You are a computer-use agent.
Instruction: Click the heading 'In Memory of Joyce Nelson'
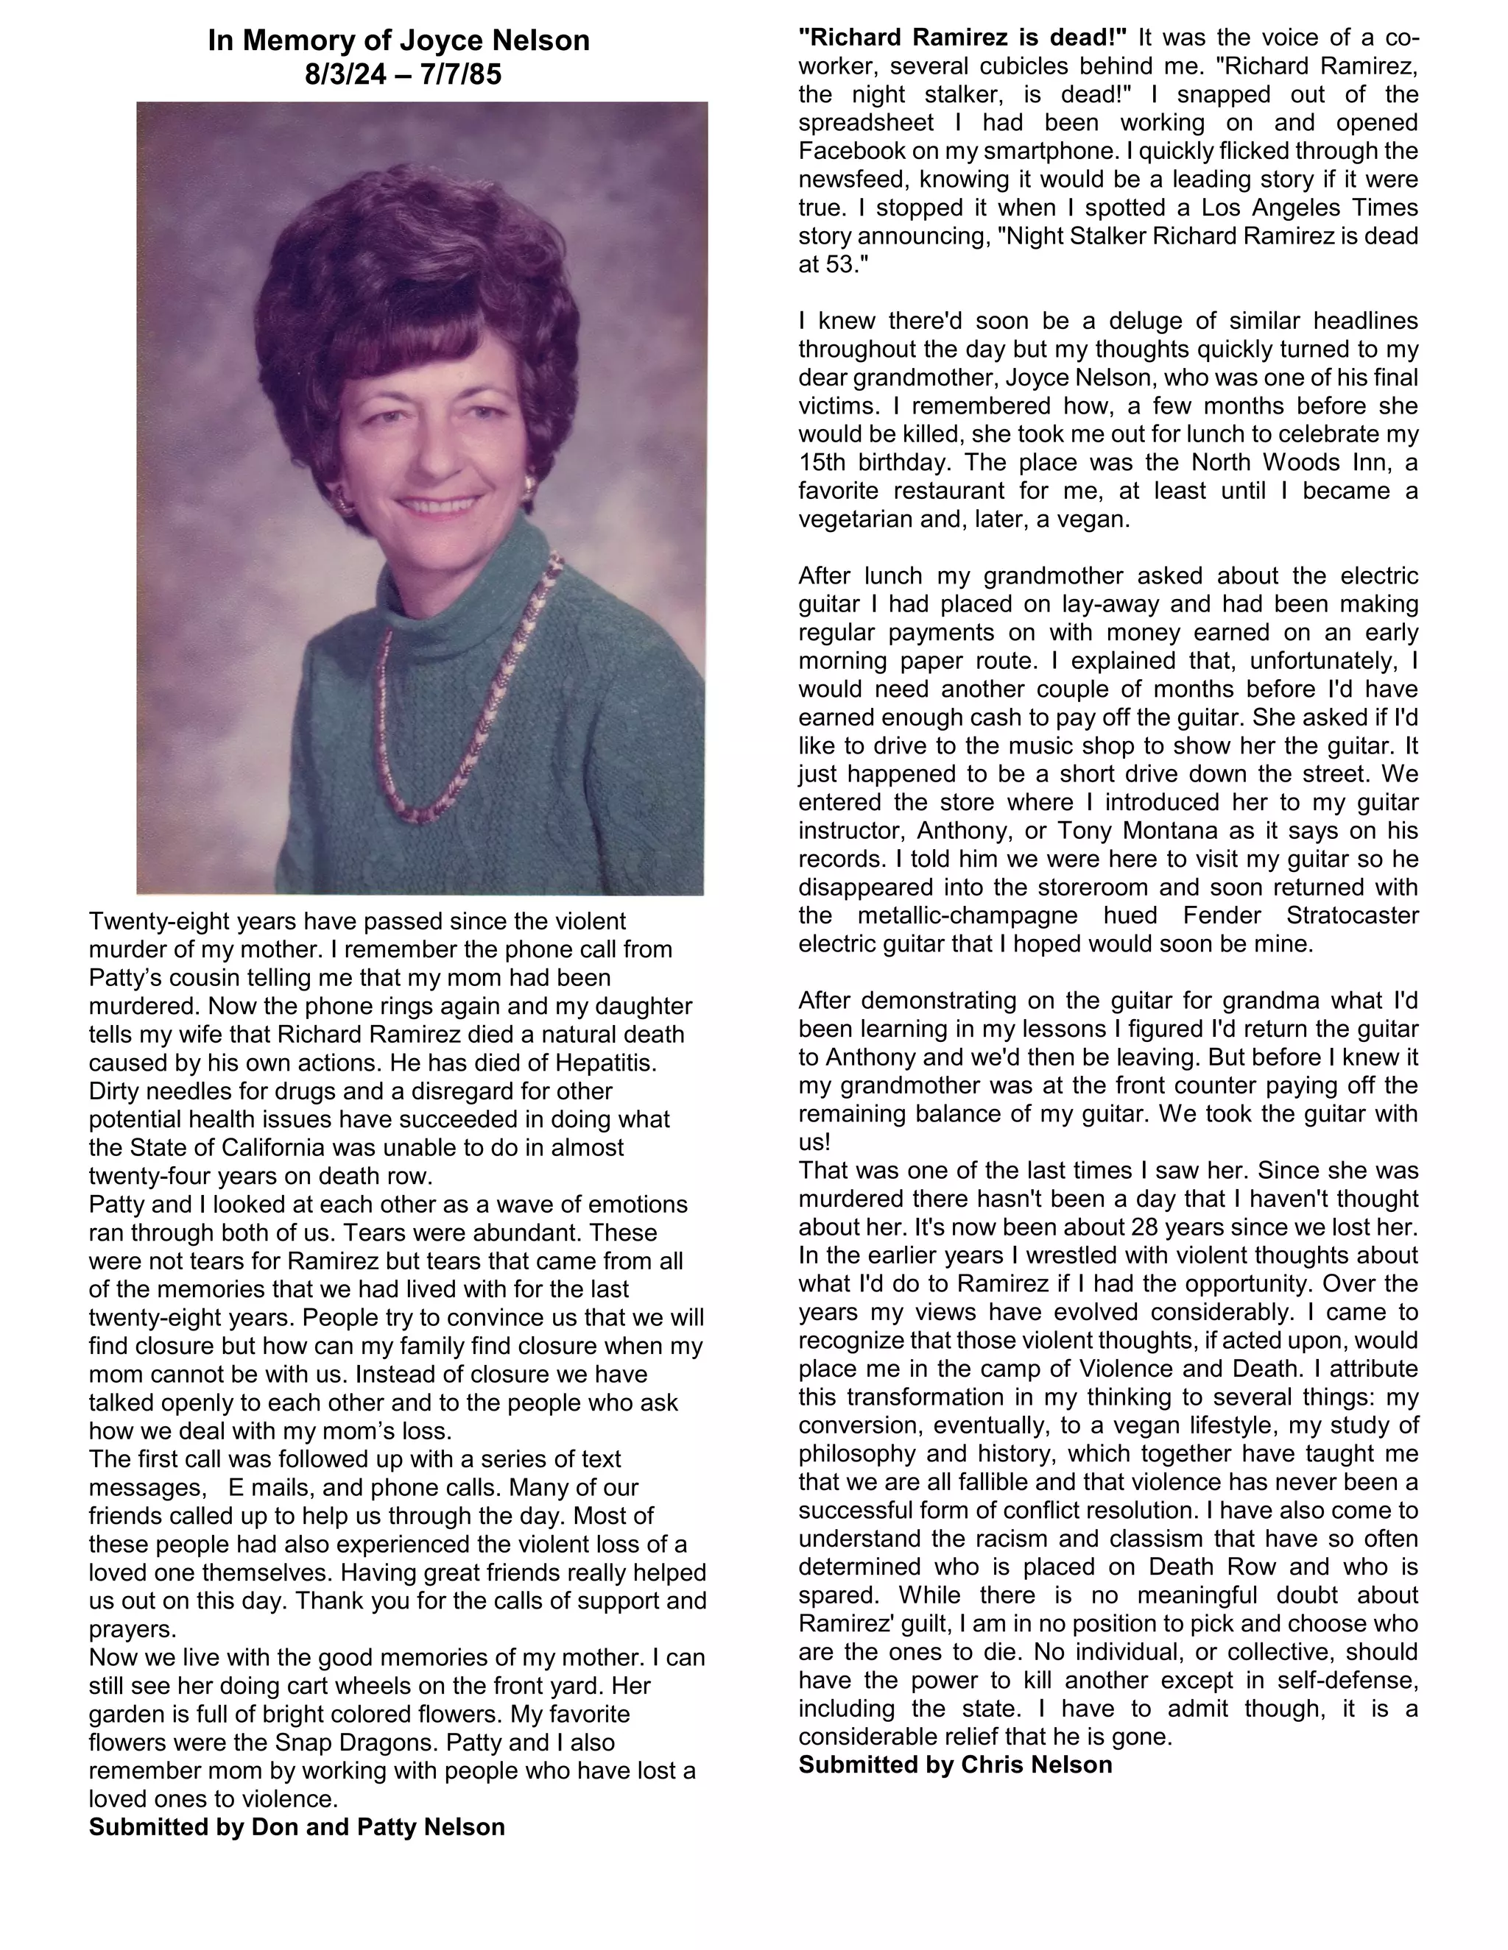pyautogui.click(x=398, y=40)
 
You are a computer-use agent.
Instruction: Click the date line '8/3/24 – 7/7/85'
pyautogui.click(x=403, y=74)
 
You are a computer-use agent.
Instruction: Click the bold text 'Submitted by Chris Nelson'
pyautogui.click(x=955, y=1765)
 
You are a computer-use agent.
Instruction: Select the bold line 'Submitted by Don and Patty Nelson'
pyautogui.click(x=297, y=1827)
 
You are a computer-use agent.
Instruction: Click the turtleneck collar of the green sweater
pyautogui.click(x=465, y=572)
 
